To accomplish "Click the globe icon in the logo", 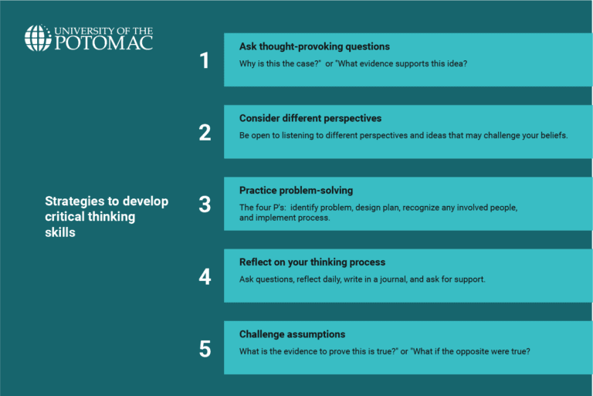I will pos(38,38).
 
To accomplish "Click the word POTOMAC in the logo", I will pos(103,43).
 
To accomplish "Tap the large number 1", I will pos(205,60).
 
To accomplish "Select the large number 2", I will pos(205,132).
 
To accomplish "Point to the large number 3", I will pos(205,205).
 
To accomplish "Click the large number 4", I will pos(205,276).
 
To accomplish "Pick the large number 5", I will pos(205,349).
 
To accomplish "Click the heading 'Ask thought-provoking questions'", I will pos(314,46).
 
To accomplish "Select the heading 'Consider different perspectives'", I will pos(310,118).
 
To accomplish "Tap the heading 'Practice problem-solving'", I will pos(296,191).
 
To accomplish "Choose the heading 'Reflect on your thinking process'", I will pos(312,262).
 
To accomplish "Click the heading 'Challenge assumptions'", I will pos(292,334).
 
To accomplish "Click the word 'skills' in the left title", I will pos(60,232).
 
